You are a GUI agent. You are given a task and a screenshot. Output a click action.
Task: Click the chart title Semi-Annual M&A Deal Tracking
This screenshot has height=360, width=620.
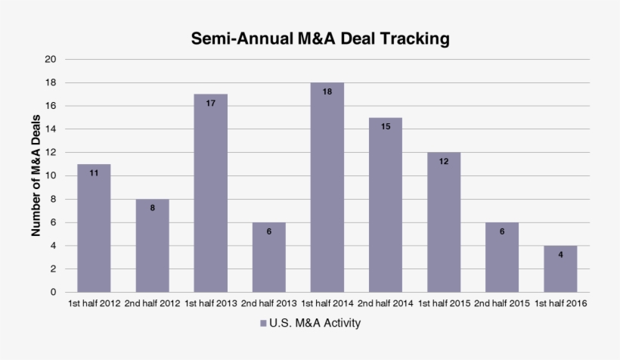(x=320, y=38)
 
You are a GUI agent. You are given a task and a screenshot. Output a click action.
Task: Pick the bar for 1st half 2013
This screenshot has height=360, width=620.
(x=211, y=193)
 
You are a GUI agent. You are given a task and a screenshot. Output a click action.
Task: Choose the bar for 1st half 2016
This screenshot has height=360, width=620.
(x=560, y=268)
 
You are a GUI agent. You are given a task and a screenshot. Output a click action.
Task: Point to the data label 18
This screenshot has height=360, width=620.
(x=327, y=92)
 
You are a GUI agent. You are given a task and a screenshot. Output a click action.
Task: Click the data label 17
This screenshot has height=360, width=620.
(x=211, y=103)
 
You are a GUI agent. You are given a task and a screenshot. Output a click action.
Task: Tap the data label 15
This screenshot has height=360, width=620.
(x=386, y=126)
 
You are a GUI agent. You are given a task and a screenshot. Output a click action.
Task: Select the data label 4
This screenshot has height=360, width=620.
(x=560, y=255)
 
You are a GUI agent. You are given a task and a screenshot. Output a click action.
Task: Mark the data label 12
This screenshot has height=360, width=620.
(x=444, y=161)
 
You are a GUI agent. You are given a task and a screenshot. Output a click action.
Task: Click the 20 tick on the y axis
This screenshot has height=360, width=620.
(x=51, y=59)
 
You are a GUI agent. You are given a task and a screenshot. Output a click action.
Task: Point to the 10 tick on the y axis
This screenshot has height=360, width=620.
(x=51, y=175)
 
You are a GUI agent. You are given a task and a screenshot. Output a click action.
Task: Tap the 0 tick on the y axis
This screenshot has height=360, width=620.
(x=53, y=292)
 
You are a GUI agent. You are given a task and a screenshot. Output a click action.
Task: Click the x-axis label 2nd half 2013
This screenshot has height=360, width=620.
(x=269, y=304)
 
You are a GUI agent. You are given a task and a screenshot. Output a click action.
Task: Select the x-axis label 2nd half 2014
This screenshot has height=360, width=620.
(x=386, y=304)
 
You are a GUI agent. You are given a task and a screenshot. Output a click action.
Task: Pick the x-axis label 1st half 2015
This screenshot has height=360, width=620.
(x=444, y=304)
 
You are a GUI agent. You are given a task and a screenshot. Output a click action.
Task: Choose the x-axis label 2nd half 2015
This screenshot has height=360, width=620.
(x=502, y=304)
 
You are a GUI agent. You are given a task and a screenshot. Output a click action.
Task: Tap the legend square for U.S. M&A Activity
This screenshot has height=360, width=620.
(x=263, y=324)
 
